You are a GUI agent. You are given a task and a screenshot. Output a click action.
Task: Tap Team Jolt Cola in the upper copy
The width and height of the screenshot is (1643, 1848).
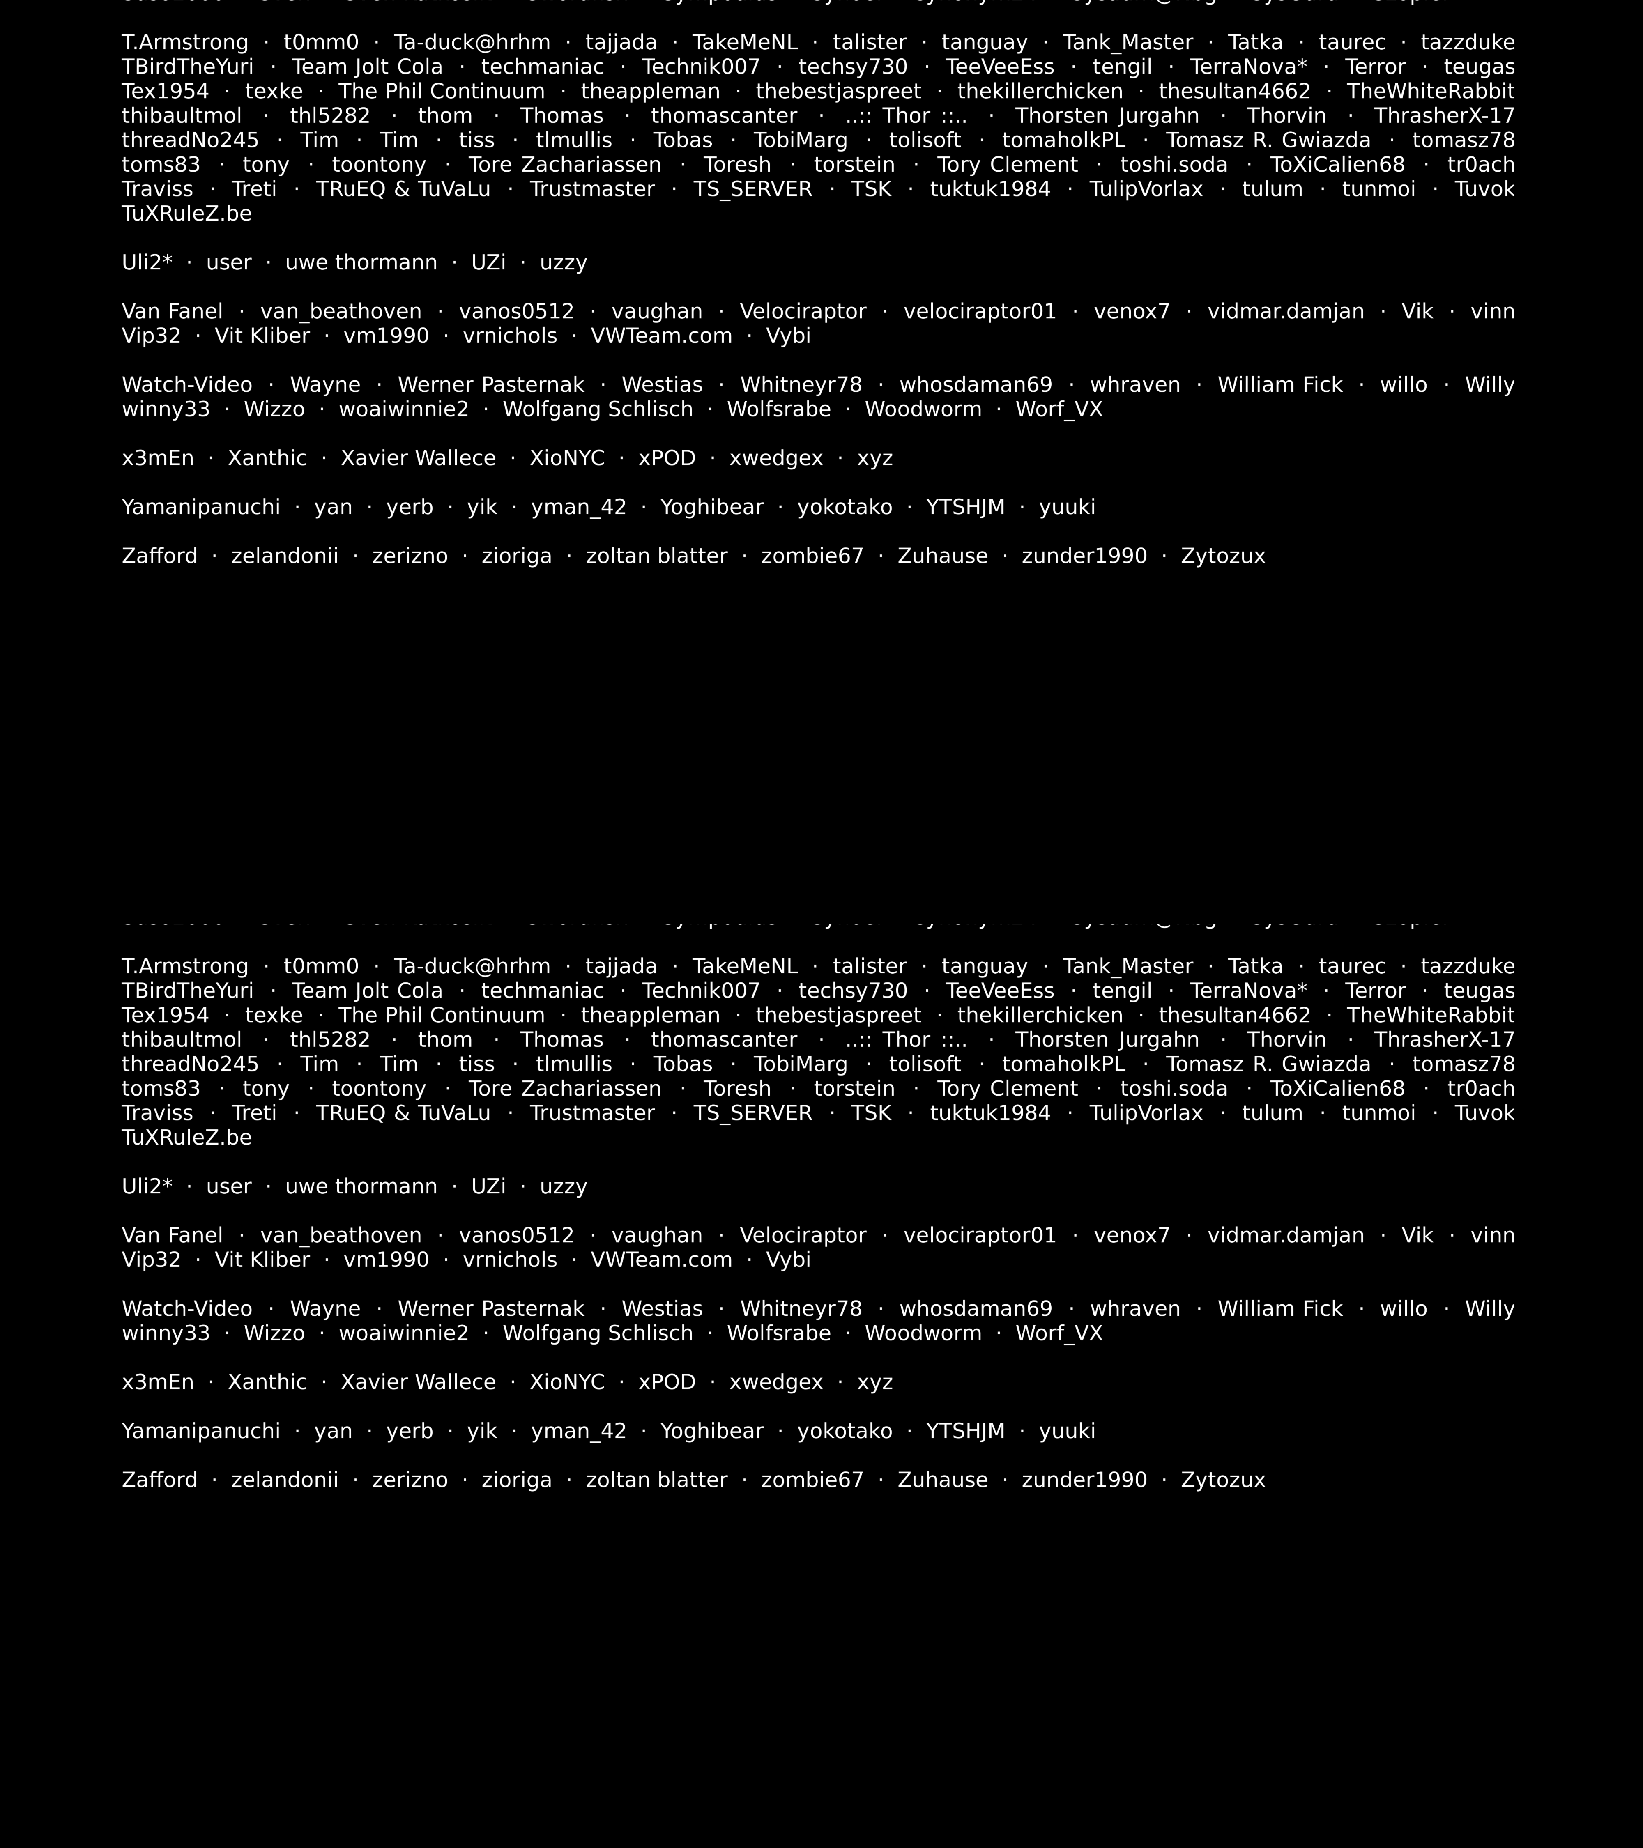[367, 67]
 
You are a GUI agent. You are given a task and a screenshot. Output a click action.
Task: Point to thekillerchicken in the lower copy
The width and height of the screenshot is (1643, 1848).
[1040, 1015]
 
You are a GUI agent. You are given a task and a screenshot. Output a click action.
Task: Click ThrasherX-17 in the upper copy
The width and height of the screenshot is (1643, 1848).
[1444, 116]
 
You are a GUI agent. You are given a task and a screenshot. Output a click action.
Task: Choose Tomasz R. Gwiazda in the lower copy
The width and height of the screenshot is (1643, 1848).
[1268, 1064]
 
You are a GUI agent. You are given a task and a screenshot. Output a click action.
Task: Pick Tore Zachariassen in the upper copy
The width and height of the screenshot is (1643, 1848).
[564, 165]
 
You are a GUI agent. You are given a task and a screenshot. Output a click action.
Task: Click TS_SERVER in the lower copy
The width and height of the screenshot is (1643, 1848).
[752, 1113]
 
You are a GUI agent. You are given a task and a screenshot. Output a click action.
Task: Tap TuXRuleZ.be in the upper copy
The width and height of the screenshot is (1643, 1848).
[186, 214]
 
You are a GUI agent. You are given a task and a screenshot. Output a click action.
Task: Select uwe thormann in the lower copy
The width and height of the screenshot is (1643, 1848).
[361, 1186]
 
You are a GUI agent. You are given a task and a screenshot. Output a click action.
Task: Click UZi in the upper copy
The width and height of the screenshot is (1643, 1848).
[488, 262]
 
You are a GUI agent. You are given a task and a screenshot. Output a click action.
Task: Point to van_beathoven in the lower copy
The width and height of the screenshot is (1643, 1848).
[341, 1235]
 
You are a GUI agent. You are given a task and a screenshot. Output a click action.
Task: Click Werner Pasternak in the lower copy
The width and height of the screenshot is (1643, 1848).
[491, 1308]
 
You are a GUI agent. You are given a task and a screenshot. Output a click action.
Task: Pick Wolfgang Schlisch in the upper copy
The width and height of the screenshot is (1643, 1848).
[598, 409]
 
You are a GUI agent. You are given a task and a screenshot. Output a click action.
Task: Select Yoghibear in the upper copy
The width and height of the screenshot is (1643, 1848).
[712, 507]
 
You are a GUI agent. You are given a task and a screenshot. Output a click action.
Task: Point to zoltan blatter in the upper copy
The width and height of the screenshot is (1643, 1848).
[656, 556]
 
